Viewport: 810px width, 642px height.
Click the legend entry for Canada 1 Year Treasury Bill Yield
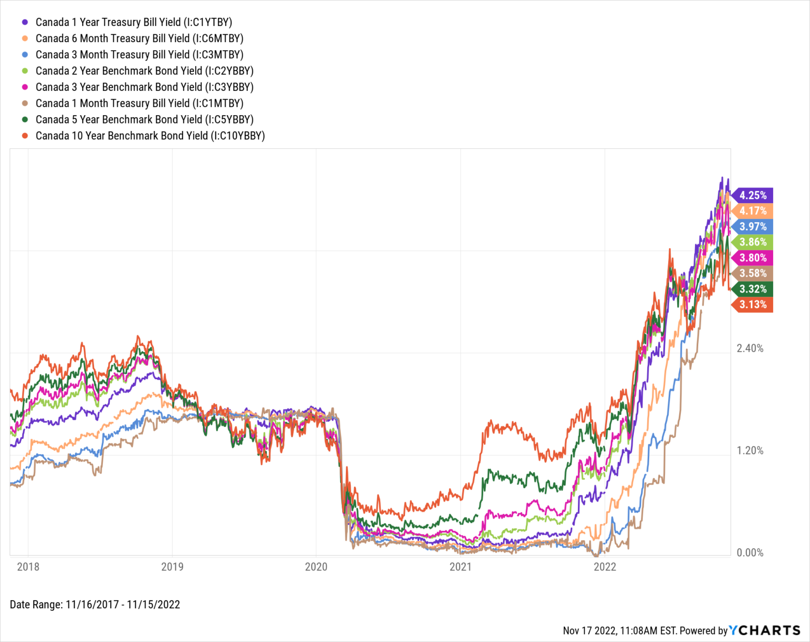(x=133, y=22)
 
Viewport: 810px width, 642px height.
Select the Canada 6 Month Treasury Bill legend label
(x=139, y=39)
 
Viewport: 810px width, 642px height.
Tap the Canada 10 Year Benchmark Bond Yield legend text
(x=150, y=136)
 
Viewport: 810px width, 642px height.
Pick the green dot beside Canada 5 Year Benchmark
(x=25, y=120)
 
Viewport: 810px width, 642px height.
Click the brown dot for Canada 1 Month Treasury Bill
(x=25, y=103)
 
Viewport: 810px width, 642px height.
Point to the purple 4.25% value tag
(x=753, y=195)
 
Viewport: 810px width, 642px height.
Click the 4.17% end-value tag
(x=753, y=211)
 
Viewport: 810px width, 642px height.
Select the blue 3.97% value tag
(x=753, y=226)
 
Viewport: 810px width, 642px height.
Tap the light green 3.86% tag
(x=753, y=242)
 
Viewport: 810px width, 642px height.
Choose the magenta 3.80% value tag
(x=753, y=258)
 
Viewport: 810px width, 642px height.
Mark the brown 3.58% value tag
(x=753, y=273)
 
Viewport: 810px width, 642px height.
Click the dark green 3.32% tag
(x=753, y=289)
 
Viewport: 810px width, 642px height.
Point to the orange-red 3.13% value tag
(x=753, y=305)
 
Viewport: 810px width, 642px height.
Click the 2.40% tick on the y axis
(x=750, y=348)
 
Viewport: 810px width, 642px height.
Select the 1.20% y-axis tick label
(x=750, y=451)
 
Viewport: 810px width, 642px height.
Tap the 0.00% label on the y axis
(x=750, y=553)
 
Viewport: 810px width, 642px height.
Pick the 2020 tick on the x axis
(x=316, y=567)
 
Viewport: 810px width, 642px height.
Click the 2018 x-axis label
(x=28, y=567)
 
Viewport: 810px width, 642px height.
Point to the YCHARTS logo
(x=765, y=630)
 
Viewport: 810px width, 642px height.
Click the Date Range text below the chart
(x=95, y=605)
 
